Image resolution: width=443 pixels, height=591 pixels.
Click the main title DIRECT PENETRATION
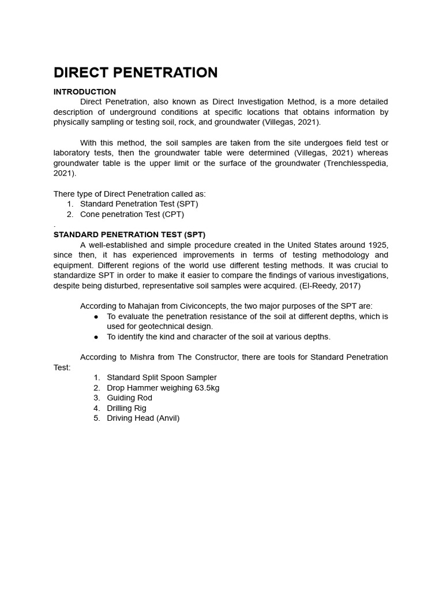click(x=136, y=73)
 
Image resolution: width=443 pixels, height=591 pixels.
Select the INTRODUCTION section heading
click(x=85, y=92)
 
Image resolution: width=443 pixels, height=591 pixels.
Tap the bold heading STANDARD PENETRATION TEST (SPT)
click(x=129, y=235)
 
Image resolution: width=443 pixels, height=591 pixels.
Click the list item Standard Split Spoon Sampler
click(x=162, y=377)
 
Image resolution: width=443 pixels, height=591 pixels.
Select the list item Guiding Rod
click(x=129, y=398)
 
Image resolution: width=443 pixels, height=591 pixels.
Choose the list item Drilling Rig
click(x=126, y=408)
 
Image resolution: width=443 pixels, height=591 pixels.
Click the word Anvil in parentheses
click(x=167, y=418)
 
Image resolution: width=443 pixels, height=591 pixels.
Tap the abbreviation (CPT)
click(x=173, y=214)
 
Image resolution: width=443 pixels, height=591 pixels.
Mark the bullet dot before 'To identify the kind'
click(x=96, y=337)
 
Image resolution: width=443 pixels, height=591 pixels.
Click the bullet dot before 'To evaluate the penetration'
click(x=96, y=317)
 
